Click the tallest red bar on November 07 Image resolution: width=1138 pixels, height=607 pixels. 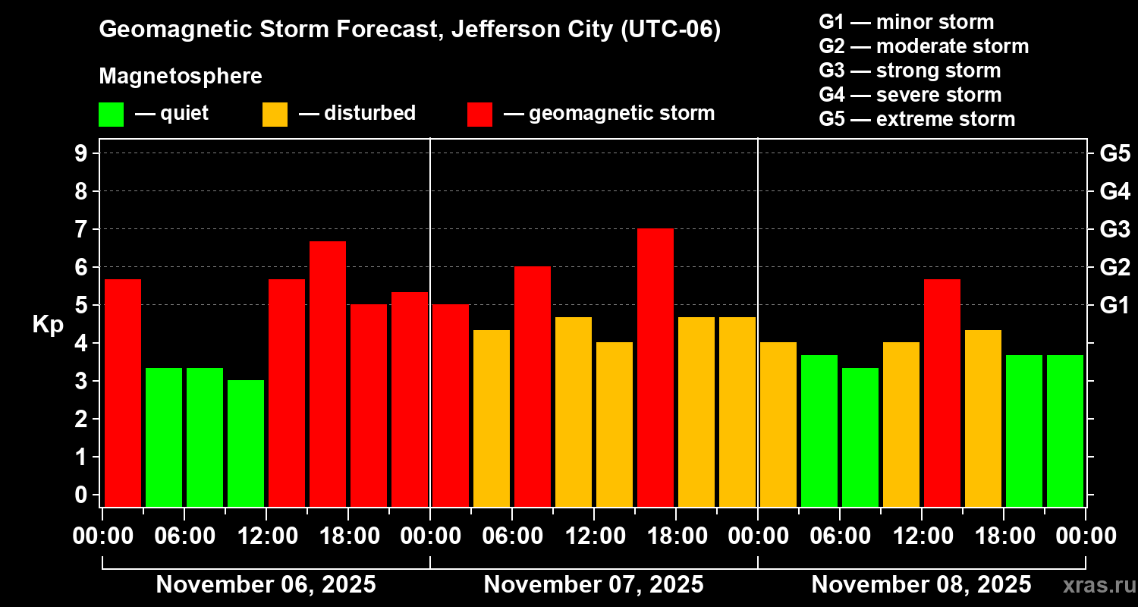pyautogui.click(x=655, y=367)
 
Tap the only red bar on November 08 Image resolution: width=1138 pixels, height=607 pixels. pyautogui.click(x=942, y=392)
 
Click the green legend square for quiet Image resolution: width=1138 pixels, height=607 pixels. pyautogui.click(x=111, y=114)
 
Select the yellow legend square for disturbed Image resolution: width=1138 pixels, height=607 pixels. pyautogui.click(x=275, y=114)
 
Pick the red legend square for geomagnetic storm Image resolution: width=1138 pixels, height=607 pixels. pyautogui.click(x=479, y=114)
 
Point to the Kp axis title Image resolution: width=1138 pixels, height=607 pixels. pyautogui.click(x=48, y=325)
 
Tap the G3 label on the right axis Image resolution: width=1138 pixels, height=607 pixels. pyautogui.click(x=1114, y=229)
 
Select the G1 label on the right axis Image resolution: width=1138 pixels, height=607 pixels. pyautogui.click(x=1114, y=306)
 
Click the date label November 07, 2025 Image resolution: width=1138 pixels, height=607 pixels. pyautogui.click(x=593, y=585)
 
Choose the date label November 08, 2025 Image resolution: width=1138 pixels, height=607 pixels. pyautogui.click(x=921, y=585)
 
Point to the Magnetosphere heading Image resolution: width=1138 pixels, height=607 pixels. pyautogui.click(x=181, y=77)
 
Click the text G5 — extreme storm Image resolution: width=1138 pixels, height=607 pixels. pyautogui.click(x=916, y=119)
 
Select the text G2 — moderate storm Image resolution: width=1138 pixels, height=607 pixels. pyautogui.click(x=923, y=46)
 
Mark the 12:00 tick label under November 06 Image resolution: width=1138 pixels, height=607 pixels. pyautogui.click(x=266, y=536)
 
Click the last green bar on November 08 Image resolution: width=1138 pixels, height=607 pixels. pyautogui.click(x=1065, y=430)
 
